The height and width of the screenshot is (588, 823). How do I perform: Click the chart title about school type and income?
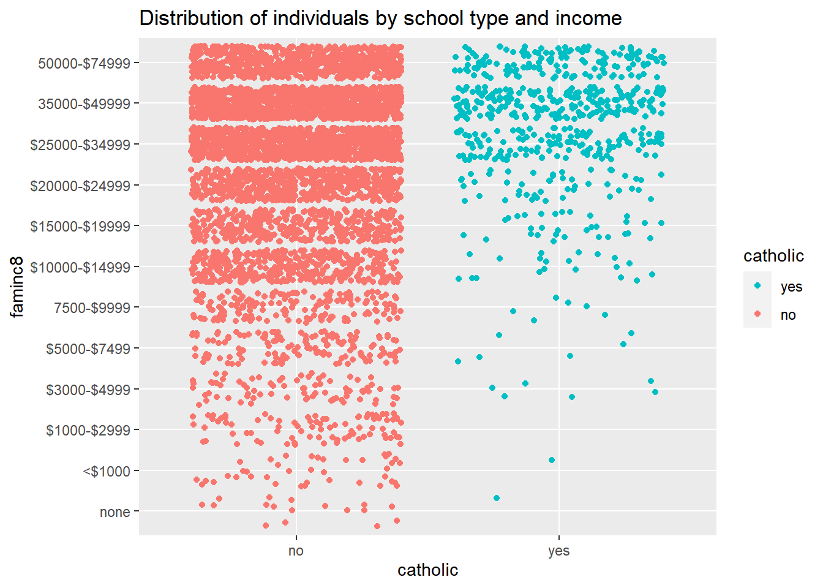380,18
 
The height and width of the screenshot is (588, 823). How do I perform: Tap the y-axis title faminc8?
17,287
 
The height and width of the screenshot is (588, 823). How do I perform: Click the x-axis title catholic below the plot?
427,570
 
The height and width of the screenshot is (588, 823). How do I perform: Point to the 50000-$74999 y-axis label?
84,63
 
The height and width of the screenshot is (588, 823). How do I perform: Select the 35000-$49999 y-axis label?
84,104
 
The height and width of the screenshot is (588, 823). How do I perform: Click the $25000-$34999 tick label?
80,145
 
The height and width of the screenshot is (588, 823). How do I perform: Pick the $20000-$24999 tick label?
80,186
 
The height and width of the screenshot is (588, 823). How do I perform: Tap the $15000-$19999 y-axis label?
80,227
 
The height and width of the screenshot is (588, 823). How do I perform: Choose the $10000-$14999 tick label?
80,267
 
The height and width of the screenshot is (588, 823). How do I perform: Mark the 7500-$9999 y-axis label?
92,308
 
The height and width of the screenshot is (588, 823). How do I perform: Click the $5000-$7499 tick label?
88,349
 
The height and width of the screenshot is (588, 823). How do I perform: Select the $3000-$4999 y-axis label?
88,390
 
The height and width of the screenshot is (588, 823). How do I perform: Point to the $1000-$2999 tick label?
88,431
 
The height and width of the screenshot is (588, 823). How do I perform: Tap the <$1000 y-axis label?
107,472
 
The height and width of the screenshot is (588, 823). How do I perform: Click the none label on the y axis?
115,512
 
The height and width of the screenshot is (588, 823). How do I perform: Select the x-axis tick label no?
296,551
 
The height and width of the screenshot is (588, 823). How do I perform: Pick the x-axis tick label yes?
558,551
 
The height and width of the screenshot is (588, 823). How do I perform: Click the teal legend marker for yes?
757,285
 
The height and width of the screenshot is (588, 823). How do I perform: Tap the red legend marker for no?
757,314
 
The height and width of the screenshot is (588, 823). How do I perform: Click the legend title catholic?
773,255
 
